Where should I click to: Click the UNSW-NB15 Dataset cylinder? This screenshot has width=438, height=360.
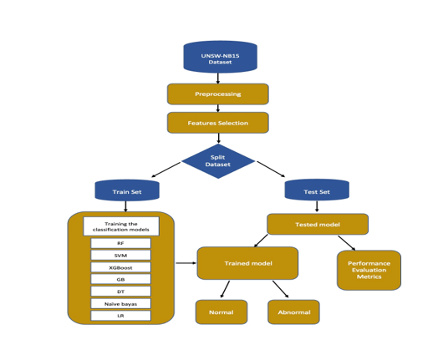(220, 57)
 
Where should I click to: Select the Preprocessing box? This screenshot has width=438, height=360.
(217, 94)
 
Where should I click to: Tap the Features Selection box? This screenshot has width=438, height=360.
(217, 123)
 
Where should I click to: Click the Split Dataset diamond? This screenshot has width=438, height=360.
(217, 161)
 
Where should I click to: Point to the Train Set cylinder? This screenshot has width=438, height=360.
(127, 191)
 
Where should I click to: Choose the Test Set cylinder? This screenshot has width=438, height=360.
(317, 191)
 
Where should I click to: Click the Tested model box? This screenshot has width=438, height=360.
(318, 224)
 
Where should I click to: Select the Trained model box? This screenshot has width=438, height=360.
(247, 263)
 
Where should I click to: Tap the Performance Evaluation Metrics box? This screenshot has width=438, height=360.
(369, 271)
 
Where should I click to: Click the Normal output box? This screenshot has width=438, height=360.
(222, 312)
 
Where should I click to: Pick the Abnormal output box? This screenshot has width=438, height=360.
(293, 312)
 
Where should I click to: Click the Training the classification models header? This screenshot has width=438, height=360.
(121, 226)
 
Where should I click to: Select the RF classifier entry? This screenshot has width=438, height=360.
(121, 243)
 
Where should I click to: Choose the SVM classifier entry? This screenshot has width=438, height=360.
(121, 255)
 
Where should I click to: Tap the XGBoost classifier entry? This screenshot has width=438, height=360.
(121, 267)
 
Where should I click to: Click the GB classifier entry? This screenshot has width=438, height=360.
(121, 279)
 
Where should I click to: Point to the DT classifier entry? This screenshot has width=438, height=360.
(121, 292)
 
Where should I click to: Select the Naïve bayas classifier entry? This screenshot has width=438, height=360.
(121, 303)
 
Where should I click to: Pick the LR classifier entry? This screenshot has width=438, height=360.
(121, 316)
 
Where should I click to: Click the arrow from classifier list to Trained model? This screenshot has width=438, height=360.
(186, 263)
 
